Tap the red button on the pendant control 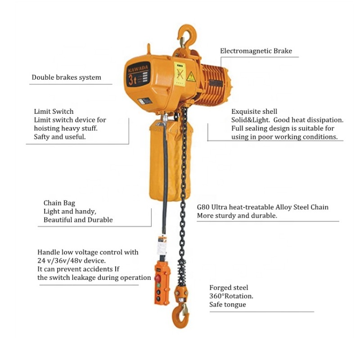point(158,278)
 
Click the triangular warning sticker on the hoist point(191,77)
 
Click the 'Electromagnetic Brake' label point(256,51)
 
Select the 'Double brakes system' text point(66,77)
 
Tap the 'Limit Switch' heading point(54,111)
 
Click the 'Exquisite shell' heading point(254,111)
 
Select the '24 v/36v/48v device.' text point(72,261)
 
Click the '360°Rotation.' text point(231,296)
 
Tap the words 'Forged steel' point(229,288)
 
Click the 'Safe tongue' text point(227,305)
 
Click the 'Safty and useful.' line point(59,137)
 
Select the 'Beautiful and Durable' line point(78,220)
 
